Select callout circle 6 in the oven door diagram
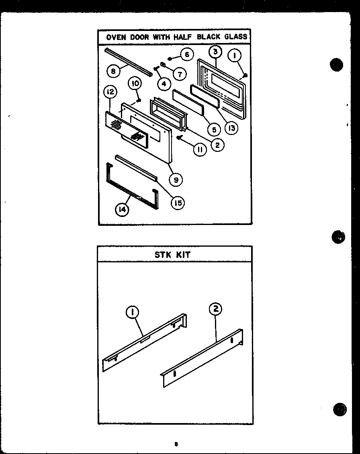186,54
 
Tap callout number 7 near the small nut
180,74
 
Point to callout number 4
164,84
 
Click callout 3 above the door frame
215,51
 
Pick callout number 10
135,84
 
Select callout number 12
109,92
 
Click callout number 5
214,129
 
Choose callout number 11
200,149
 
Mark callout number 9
176,180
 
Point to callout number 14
122,209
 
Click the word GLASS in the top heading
236,37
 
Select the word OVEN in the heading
116,37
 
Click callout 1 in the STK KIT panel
133,312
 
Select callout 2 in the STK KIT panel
215,309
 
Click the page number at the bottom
176,444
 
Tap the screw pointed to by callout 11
180,138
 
